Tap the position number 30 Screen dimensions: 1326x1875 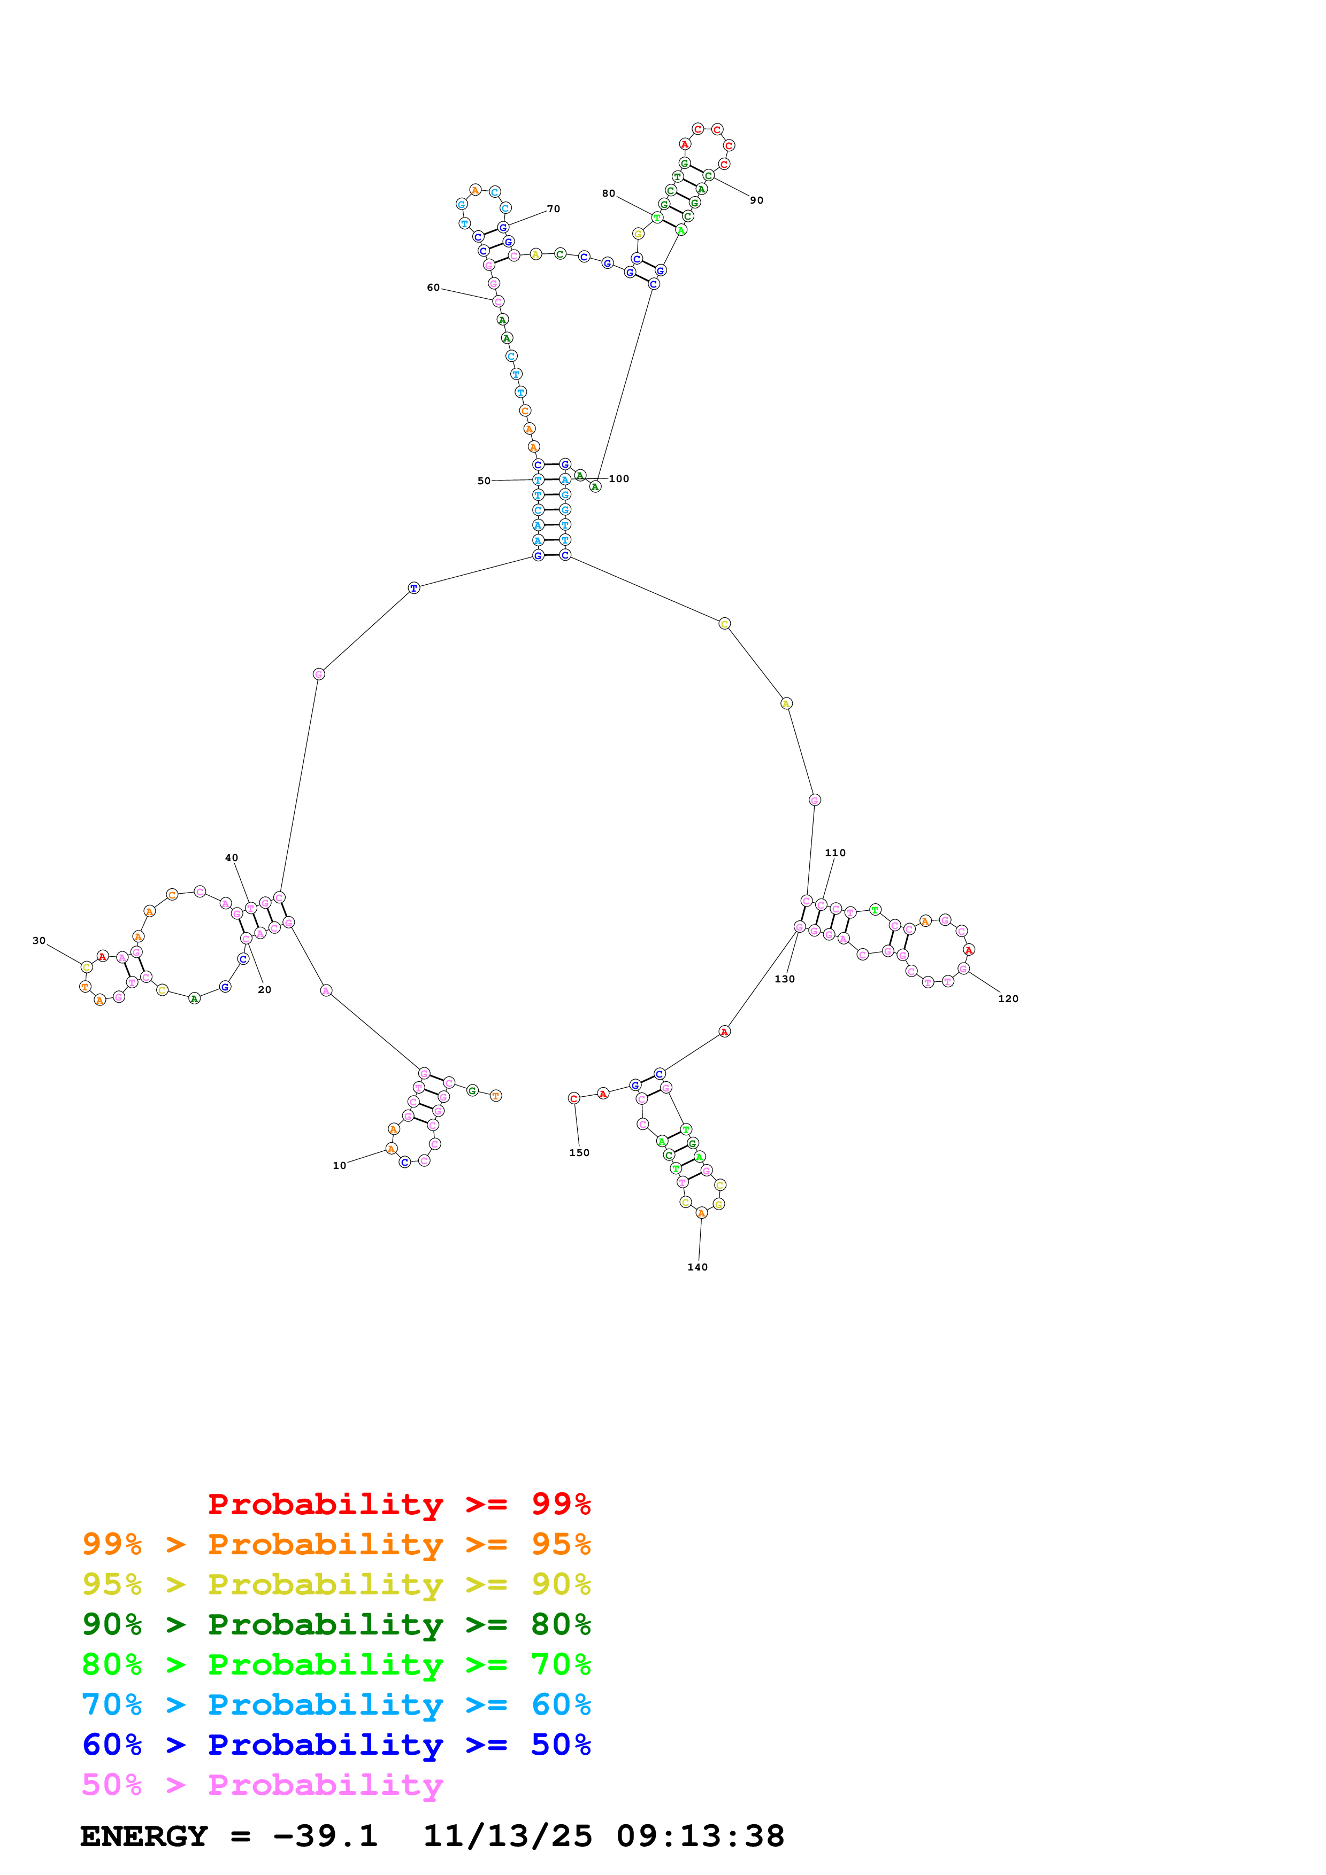(x=39, y=941)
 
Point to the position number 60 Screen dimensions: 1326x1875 (x=433, y=288)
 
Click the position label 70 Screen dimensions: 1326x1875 (x=553, y=209)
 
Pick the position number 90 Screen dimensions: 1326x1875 (x=756, y=200)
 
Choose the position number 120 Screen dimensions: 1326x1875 (x=1007, y=999)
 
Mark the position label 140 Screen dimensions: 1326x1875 (x=697, y=1267)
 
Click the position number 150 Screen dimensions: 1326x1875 (x=578, y=1153)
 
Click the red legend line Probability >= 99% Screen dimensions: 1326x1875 (x=398, y=1504)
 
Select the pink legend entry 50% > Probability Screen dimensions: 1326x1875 (x=262, y=1785)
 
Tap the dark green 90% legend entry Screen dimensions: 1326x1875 (x=336, y=1624)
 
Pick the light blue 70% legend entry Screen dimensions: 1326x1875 (x=336, y=1704)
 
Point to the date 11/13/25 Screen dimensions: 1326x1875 (x=507, y=1837)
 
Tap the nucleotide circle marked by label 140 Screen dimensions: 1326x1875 (x=701, y=1213)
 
